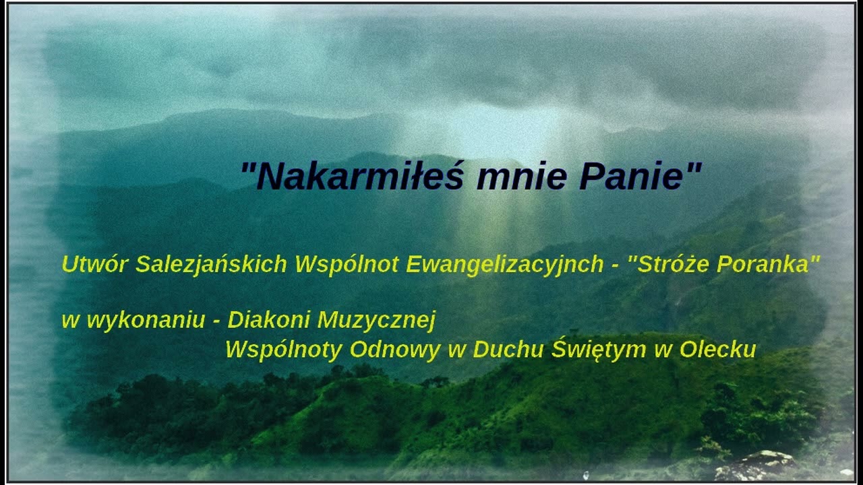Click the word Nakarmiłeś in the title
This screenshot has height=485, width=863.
click(x=359, y=176)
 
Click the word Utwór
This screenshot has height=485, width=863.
click(x=94, y=264)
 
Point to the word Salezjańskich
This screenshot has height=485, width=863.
click(x=211, y=265)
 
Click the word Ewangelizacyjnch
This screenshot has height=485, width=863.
click(x=505, y=265)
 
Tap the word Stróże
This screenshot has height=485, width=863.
click(x=674, y=264)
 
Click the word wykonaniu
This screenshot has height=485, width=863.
click(x=146, y=321)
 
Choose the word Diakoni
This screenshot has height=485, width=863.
click(x=269, y=319)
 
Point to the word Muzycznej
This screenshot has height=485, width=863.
click(x=376, y=321)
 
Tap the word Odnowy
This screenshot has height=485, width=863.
click(x=395, y=350)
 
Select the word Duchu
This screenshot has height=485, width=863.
click(x=508, y=349)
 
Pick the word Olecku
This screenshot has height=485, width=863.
click(x=718, y=349)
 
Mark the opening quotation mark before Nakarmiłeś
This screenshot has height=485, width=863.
click(x=247, y=168)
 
